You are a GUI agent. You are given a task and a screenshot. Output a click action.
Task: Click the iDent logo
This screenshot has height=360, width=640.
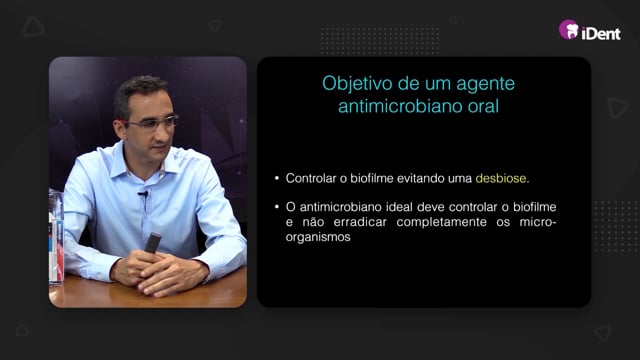[x=590, y=30]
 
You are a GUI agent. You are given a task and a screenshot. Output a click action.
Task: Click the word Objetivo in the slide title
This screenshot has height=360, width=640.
[x=357, y=84]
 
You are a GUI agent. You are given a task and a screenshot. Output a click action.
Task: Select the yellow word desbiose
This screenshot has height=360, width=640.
[x=502, y=178]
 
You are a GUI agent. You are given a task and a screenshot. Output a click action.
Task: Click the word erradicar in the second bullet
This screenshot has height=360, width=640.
[x=360, y=222]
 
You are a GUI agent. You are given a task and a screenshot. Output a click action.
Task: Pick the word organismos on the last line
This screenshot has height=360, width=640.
[x=318, y=238]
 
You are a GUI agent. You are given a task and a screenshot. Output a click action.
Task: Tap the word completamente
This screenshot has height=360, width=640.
[x=441, y=222]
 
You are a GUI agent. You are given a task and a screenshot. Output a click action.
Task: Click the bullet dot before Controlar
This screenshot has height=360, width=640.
[x=277, y=178]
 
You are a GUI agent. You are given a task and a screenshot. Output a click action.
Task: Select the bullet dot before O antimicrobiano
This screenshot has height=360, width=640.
[x=277, y=207]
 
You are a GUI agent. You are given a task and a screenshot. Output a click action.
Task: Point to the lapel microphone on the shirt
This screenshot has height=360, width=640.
[x=143, y=193]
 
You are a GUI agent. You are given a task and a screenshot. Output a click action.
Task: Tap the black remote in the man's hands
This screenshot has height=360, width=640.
[x=152, y=242]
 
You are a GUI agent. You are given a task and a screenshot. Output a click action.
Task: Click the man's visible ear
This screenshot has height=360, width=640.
[x=121, y=129]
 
